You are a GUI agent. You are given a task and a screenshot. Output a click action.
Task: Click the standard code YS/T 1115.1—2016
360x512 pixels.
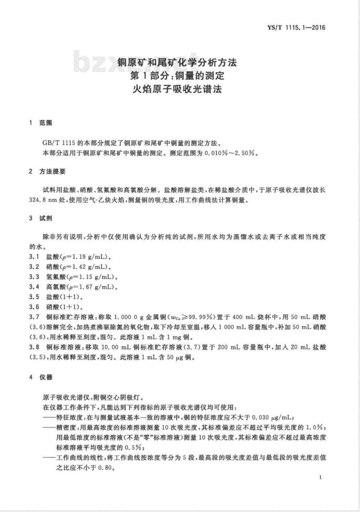(296, 27)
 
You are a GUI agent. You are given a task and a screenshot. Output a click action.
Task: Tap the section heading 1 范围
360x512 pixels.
(41, 123)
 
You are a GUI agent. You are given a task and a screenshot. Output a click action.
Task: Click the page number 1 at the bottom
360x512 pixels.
(320, 477)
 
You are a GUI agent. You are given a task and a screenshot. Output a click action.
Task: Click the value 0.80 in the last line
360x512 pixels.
(105, 468)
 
